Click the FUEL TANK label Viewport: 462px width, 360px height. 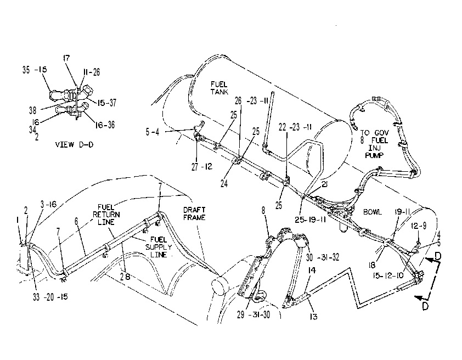point(219,88)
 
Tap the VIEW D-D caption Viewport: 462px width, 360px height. point(74,145)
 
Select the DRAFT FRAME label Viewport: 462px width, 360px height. point(194,213)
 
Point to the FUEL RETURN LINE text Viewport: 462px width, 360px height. point(106,215)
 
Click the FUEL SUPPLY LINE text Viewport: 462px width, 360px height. point(159,247)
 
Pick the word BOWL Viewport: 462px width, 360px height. point(373,212)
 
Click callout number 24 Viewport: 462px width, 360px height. point(224,183)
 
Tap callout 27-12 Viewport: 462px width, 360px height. point(202,167)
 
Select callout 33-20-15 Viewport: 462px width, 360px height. point(50,297)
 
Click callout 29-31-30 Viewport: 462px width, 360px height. point(253,314)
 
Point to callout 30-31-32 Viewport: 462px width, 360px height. point(323,257)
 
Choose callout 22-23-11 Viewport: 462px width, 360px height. point(295,127)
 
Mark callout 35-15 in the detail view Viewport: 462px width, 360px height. point(35,70)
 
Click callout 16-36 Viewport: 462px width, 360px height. point(105,125)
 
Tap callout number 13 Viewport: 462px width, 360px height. point(313,317)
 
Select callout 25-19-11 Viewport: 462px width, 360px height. point(310,220)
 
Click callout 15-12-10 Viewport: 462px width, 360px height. point(388,275)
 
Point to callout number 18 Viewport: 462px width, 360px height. point(372,265)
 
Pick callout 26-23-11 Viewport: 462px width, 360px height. point(251,101)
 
